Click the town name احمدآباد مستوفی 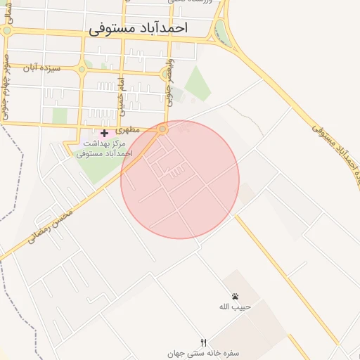click(x=138, y=28)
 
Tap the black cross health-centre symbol click(x=104, y=133)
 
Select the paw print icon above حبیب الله click(x=234, y=297)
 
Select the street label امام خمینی click(x=120, y=97)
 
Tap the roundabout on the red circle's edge click(x=163, y=130)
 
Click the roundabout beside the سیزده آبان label click(x=82, y=69)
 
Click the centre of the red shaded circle click(x=180, y=179)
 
